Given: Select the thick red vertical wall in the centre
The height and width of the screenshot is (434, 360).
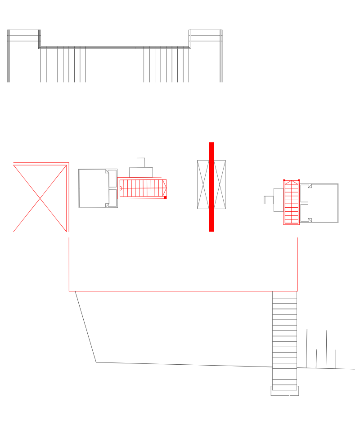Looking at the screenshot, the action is pos(211,187).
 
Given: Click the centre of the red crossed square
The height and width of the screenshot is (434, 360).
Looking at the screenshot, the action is pos(40,197).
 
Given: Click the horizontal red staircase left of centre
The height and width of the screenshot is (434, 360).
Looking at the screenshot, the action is pos(142,188).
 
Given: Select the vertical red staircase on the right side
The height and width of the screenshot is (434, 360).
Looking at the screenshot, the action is pos(292,202).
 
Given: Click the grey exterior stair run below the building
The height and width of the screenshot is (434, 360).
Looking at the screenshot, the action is pos(284,337).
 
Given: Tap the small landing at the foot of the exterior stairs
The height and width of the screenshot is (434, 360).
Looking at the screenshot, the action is pos(284,390).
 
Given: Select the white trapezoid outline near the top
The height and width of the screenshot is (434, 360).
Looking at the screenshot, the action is pos(180,112).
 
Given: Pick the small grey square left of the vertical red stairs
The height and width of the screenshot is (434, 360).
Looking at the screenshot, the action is pos(269,199).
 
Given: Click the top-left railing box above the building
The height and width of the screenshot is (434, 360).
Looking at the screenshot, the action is pos(24,36).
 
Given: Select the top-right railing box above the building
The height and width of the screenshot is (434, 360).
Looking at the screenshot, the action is pos(206,36).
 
